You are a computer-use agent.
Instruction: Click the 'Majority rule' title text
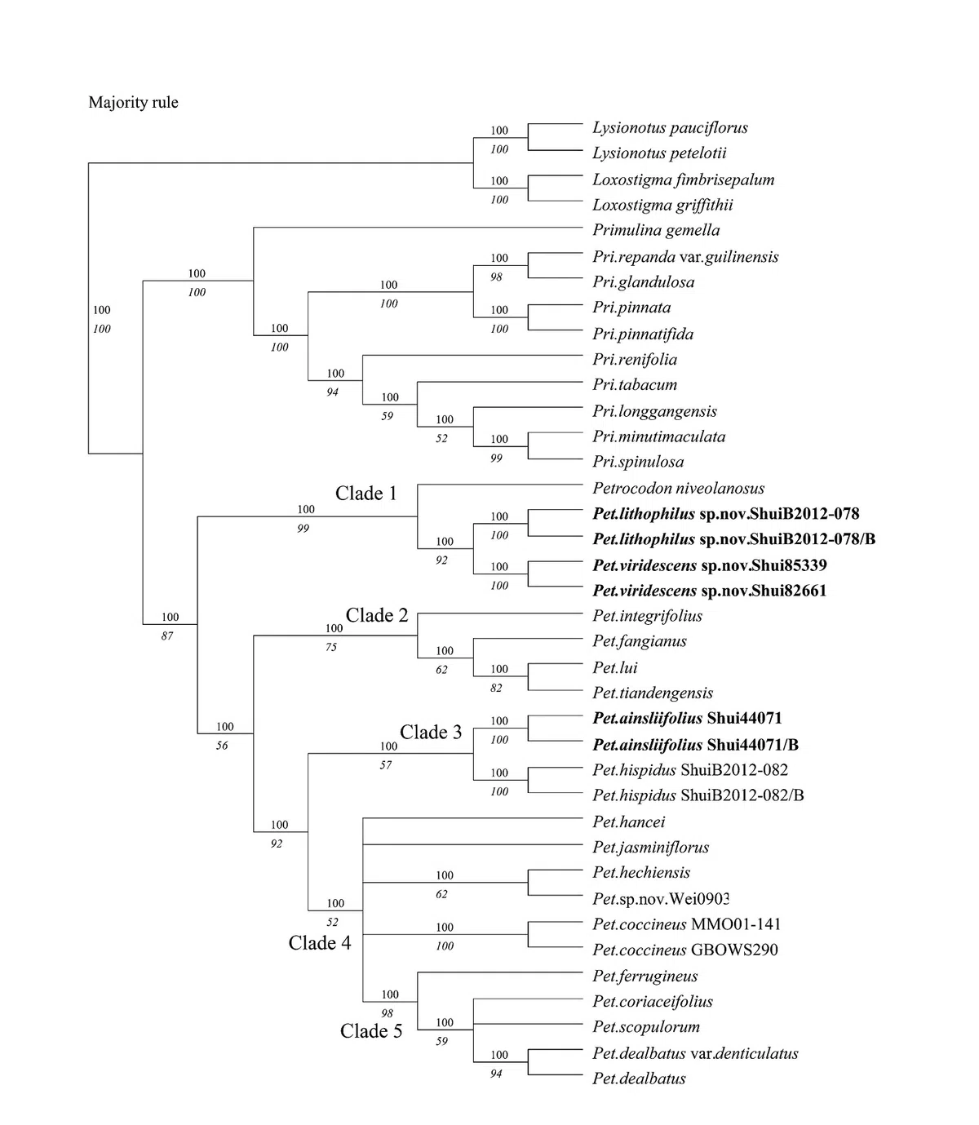[133, 103]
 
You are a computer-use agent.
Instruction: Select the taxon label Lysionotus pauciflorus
[670, 128]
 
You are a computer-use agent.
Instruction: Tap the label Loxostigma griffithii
[662, 205]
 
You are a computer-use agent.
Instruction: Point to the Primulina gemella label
[656, 231]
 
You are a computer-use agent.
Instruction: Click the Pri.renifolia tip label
[635, 360]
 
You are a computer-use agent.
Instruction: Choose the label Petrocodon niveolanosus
[678, 489]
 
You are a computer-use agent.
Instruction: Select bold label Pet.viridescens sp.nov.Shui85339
[710, 565]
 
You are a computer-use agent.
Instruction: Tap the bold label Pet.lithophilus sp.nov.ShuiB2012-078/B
[733, 539]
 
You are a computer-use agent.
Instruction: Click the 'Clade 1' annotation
[365, 494]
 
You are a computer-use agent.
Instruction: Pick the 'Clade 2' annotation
[376, 616]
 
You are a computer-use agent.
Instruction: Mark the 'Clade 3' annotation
[431, 733]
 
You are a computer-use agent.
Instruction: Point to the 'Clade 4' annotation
[320, 943]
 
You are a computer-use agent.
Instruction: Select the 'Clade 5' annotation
[371, 1031]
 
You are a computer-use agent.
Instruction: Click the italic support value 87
[167, 636]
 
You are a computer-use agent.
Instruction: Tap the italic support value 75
[331, 648]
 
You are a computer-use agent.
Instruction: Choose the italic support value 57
[386, 765]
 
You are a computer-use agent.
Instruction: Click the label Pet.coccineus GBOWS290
[685, 950]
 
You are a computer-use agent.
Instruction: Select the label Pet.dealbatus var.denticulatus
[695, 1053]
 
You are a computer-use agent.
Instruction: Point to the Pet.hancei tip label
[629, 822]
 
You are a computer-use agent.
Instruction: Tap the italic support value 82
[496, 689]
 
